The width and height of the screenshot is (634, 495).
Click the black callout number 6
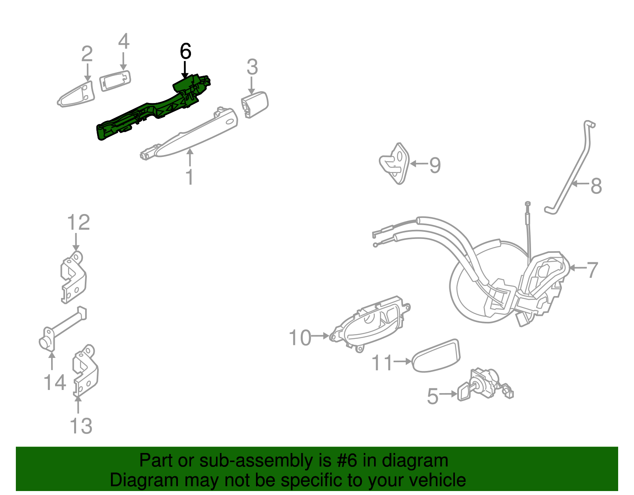(185, 52)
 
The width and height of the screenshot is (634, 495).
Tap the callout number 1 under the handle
(190, 177)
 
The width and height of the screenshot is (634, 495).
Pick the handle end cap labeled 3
(254, 104)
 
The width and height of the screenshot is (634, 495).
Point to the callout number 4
(124, 42)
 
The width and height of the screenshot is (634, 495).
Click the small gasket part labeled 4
(115, 81)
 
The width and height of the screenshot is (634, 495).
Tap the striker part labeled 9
(394, 163)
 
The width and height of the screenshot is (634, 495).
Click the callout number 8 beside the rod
(596, 185)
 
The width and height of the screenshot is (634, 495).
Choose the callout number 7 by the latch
(592, 270)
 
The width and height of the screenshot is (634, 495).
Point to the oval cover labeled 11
(436, 356)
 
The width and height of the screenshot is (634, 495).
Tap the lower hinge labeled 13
(85, 371)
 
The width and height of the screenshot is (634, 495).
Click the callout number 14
(55, 383)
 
